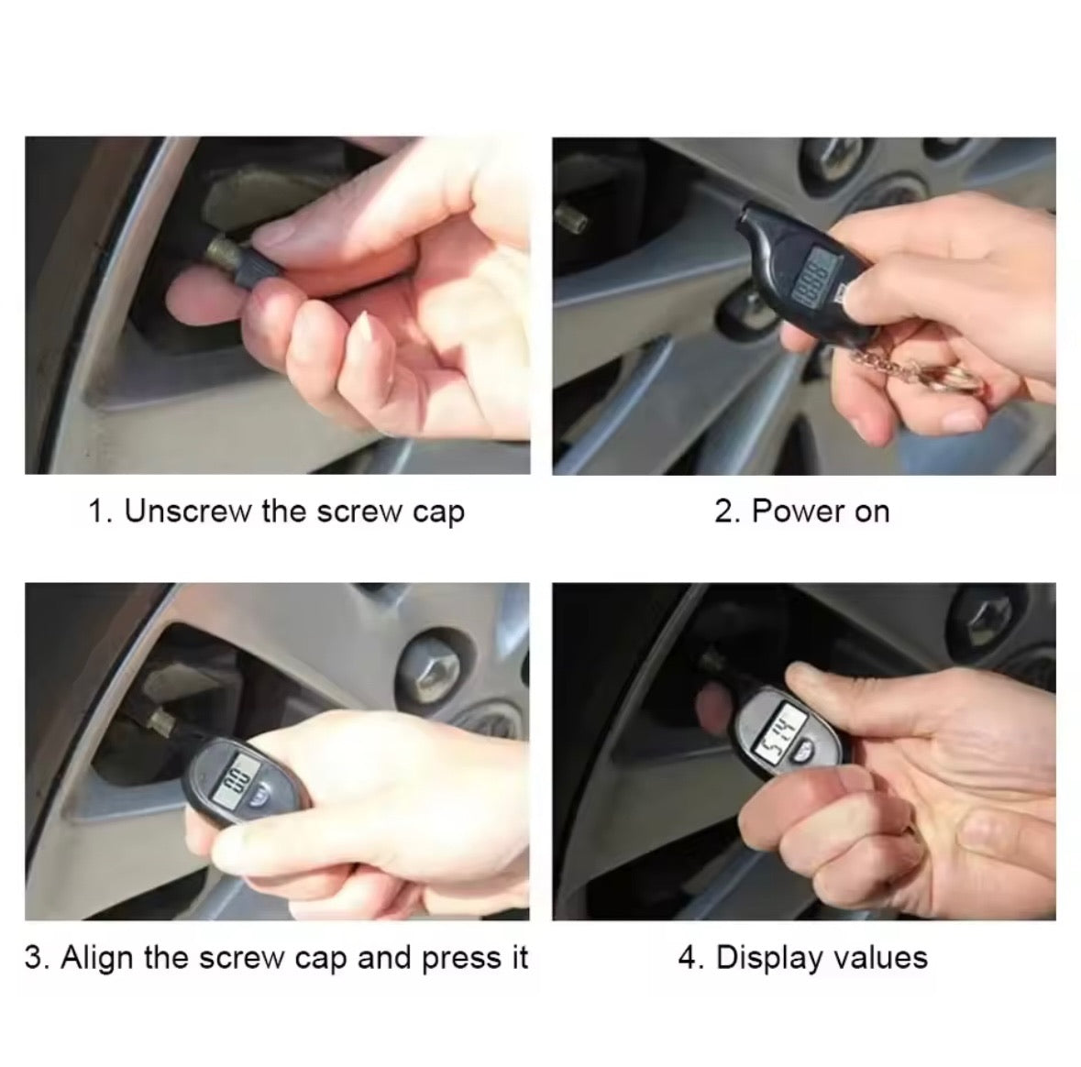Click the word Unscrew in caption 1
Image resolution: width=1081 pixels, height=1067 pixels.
188,511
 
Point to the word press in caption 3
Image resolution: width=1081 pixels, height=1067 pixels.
456,960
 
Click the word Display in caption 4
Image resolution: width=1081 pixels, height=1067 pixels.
768,958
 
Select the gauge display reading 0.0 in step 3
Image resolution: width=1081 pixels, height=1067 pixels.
236,782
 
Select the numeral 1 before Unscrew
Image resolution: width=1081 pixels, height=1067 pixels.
96,511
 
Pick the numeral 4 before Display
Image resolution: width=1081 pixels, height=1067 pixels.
688,958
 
